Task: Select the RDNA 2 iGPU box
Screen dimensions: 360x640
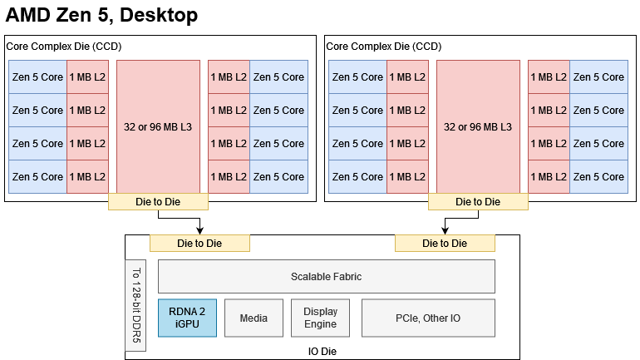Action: point(187,318)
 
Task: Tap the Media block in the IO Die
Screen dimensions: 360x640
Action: point(254,318)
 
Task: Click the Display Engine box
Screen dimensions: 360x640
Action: point(320,318)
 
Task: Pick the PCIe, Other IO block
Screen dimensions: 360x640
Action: point(428,318)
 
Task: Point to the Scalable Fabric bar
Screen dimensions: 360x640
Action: point(326,276)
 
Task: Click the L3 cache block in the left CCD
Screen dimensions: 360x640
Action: point(158,126)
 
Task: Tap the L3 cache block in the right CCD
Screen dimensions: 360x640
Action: point(478,126)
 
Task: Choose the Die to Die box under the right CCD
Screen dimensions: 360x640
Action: point(478,201)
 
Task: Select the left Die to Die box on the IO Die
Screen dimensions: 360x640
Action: point(199,243)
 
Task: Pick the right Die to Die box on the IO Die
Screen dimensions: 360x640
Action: point(445,243)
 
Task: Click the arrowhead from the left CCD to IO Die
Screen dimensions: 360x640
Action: point(199,230)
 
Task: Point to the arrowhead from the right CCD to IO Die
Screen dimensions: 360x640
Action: point(445,230)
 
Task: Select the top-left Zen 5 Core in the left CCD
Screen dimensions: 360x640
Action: point(37,76)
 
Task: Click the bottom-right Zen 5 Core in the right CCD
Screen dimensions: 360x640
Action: point(598,176)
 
